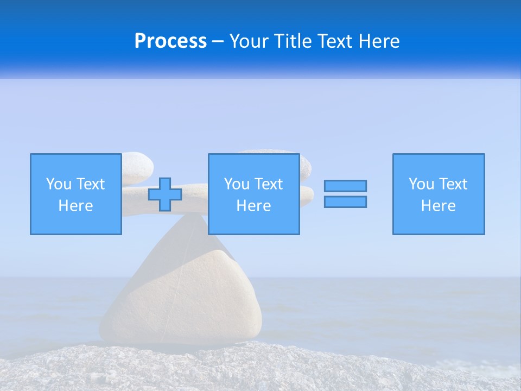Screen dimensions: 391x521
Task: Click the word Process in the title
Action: coord(170,41)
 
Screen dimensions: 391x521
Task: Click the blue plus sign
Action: coord(165,194)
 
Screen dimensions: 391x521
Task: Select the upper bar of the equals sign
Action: coord(345,186)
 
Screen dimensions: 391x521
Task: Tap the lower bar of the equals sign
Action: coord(345,201)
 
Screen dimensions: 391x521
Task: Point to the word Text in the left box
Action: coord(90,184)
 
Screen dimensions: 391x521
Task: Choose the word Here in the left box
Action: coord(75,206)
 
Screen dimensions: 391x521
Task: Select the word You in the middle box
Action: coord(237,184)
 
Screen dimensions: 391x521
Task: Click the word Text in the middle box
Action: coord(268,184)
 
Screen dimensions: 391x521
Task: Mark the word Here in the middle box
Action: coord(253,206)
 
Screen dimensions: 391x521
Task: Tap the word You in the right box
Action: coord(422,184)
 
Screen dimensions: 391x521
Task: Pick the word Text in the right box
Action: coord(453,184)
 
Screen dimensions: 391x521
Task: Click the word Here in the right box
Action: coord(438,206)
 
